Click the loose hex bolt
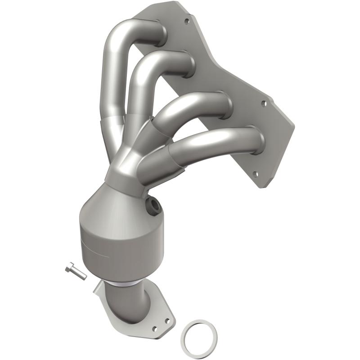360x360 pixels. point(76,271)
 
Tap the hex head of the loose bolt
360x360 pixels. point(69,267)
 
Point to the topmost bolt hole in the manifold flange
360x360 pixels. point(186,21)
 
